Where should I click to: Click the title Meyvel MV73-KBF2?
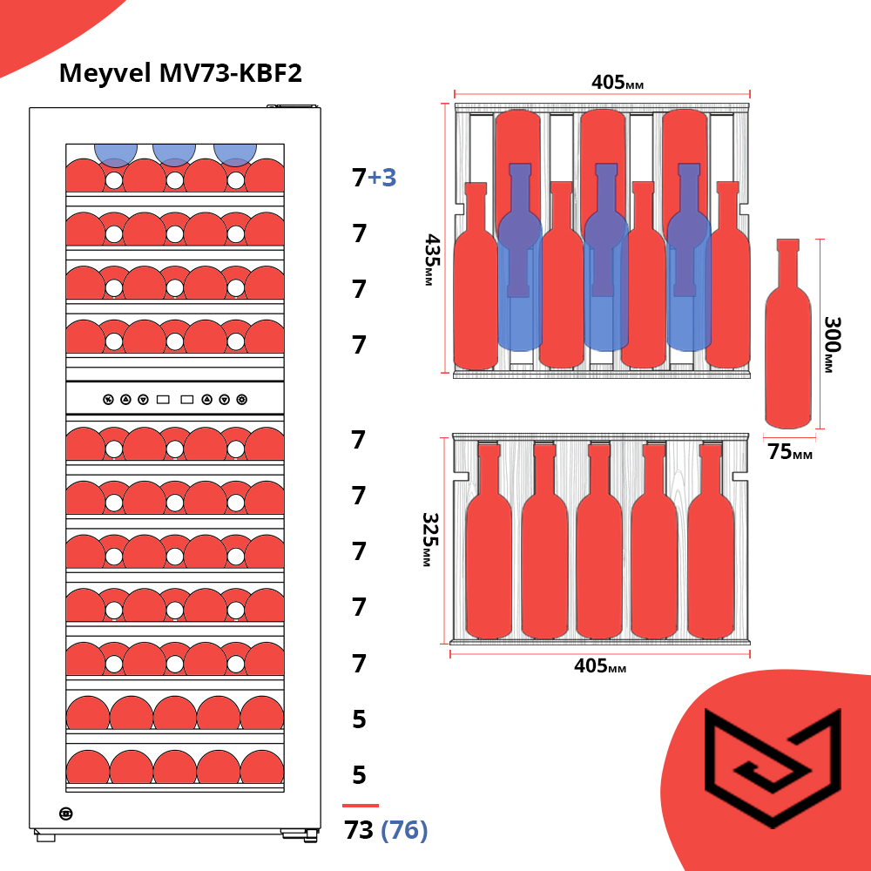180,73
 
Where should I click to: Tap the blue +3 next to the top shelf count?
382,178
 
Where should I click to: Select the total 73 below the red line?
359,831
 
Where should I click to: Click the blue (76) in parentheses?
404,831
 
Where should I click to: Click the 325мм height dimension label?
429,539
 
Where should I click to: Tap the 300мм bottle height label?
831,345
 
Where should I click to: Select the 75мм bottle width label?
790,453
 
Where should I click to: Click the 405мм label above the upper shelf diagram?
618,83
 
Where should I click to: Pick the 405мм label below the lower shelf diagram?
600,666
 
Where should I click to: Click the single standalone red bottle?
788,340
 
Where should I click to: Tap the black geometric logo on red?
772,766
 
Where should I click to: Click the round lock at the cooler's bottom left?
66,814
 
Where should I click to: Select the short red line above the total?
361,806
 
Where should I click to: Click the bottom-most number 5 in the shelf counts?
359,775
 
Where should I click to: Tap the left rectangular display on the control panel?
163,400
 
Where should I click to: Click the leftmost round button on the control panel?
108,400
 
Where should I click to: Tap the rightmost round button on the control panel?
241,400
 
